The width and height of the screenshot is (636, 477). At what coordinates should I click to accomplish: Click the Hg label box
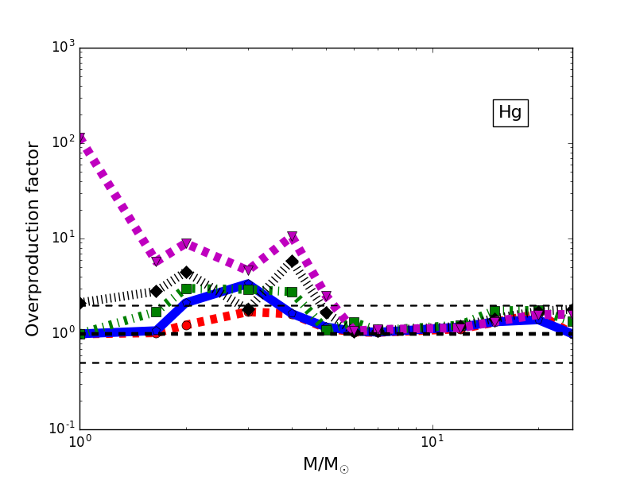(x=510, y=113)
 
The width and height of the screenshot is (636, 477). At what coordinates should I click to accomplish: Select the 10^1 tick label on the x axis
(x=432, y=441)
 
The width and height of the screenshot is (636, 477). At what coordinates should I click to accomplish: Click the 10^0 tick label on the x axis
(x=79, y=441)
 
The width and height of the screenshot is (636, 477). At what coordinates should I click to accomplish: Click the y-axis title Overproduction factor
(x=33, y=238)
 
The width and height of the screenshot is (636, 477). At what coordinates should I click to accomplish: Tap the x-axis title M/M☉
(x=325, y=464)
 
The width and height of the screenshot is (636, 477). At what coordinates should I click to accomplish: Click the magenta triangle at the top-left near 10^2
(x=80, y=138)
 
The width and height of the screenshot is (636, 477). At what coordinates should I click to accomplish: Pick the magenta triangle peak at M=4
(x=292, y=238)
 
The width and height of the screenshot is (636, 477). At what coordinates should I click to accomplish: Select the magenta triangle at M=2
(x=186, y=244)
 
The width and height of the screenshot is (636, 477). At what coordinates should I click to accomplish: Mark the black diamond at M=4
(x=292, y=261)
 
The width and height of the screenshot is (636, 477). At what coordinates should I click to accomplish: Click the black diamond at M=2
(x=186, y=273)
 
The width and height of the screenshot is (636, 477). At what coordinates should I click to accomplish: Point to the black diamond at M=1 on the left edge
(x=80, y=303)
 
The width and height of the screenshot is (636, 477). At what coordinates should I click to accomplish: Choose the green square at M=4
(x=292, y=292)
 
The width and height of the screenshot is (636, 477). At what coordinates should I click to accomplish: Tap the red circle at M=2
(x=186, y=325)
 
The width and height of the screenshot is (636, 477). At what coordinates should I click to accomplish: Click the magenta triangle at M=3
(x=248, y=270)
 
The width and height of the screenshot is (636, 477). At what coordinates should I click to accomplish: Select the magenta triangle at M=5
(x=326, y=297)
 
